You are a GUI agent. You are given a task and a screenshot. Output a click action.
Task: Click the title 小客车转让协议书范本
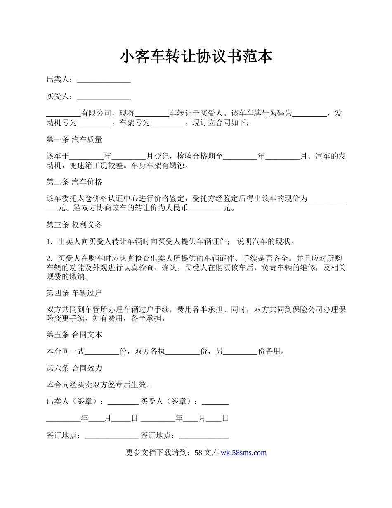click(x=196, y=57)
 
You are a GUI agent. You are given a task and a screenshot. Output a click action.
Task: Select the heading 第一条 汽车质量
click(x=74, y=140)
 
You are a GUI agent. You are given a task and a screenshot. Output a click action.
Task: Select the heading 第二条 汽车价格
click(x=74, y=182)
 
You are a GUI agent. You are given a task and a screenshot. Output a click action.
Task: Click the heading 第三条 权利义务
click(x=74, y=225)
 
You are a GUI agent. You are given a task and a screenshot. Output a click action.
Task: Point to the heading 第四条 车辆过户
click(x=74, y=293)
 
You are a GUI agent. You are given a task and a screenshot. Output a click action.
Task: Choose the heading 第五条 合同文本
click(x=74, y=335)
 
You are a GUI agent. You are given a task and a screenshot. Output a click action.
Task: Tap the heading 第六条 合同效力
click(x=74, y=368)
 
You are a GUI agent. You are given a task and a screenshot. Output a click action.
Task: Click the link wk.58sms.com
click(x=243, y=453)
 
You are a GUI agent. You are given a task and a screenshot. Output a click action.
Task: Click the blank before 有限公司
click(x=64, y=114)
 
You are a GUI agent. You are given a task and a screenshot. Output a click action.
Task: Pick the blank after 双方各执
click(x=182, y=351)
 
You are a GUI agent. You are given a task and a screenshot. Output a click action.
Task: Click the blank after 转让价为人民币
click(x=205, y=208)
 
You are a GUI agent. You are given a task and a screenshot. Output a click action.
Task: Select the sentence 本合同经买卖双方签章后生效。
click(x=98, y=385)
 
